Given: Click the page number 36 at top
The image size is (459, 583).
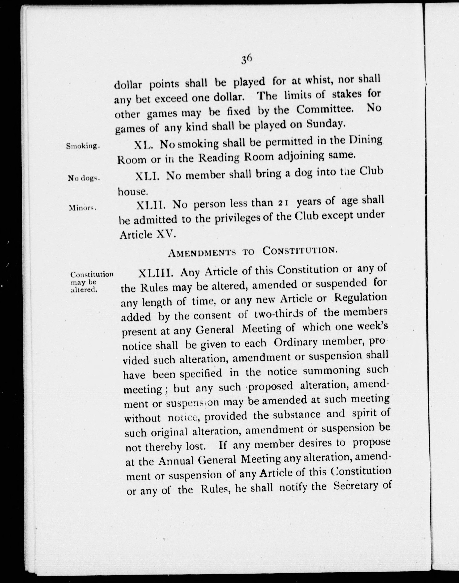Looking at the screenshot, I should point(246,59).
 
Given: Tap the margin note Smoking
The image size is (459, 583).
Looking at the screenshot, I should point(83,146).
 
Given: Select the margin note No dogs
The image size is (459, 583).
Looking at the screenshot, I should point(84,178).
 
